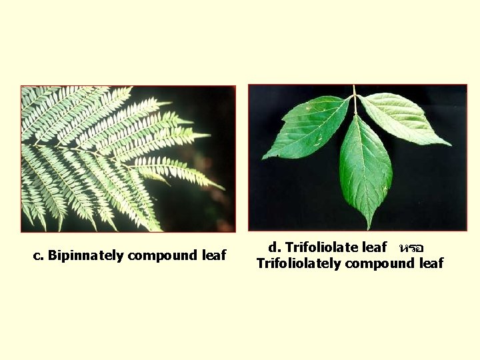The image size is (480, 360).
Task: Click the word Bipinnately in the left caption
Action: [83, 255]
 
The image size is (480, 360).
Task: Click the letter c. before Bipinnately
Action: [39, 255]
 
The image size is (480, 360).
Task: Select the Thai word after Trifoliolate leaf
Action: [410, 247]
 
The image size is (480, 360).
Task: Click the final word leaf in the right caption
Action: [431, 263]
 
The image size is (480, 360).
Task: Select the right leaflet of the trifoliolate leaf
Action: [403, 118]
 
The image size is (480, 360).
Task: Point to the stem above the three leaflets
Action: [355, 93]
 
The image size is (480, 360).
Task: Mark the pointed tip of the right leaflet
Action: [450, 145]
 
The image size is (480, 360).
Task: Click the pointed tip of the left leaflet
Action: [263, 159]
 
